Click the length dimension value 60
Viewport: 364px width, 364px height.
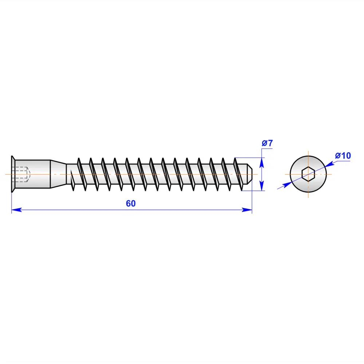click(x=131, y=203)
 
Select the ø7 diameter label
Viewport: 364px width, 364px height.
click(x=267, y=143)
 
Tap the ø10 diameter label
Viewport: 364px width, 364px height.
click(x=343, y=156)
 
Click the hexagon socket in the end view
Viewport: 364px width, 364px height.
click(x=308, y=174)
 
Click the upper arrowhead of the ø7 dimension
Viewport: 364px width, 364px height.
click(x=261, y=162)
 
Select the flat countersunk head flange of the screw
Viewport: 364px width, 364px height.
click(x=13, y=174)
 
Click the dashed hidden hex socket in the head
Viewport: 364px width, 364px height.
click(x=23, y=174)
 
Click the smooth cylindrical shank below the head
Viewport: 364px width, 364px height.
click(x=36, y=174)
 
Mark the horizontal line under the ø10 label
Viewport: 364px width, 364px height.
click(x=343, y=161)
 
